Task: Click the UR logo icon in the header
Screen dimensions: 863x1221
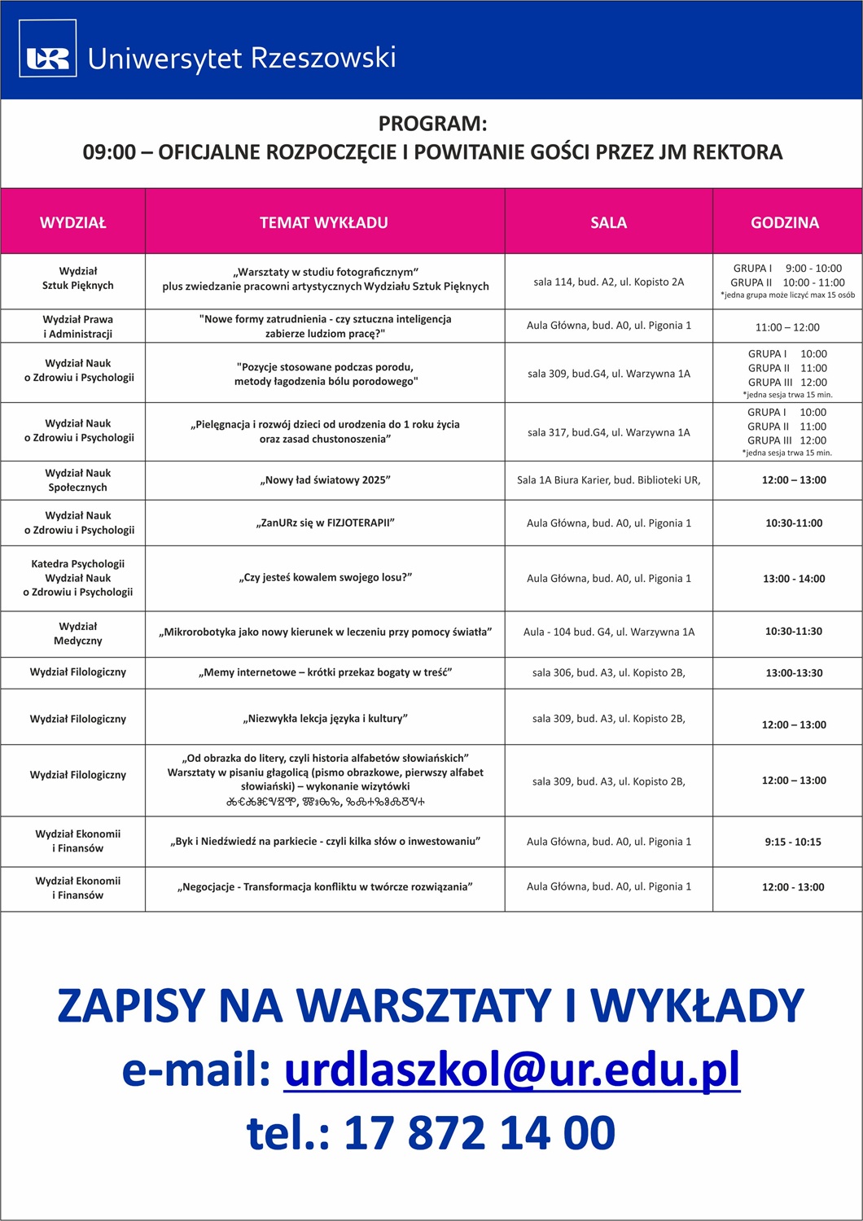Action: click(48, 58)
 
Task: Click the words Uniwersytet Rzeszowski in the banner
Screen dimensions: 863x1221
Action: click(242, 59)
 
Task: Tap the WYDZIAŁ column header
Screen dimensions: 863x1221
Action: click(73, 222)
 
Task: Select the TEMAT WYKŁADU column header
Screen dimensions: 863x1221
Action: click(324, 222)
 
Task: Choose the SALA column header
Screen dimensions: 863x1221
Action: click(608, 222)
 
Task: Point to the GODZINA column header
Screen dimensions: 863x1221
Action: click(785, 222)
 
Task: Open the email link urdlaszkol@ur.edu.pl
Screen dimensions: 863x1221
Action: click(512, 1069)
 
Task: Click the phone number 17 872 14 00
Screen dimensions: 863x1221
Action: click(479, 1132)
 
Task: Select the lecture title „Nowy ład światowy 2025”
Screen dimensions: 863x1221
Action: click(325, 480)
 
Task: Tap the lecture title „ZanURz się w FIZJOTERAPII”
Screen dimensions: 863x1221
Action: click(325, 523)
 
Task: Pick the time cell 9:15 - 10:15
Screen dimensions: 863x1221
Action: click(793, 842)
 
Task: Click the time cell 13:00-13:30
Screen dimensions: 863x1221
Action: click(794, 673)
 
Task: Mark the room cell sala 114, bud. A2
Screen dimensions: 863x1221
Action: click(608, 282)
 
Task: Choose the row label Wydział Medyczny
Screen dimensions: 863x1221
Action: click(78, 633)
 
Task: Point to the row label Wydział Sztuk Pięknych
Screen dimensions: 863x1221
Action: click(78, 278)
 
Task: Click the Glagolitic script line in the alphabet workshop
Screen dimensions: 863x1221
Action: click(325, 802)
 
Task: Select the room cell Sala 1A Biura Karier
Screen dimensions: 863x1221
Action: click(608, 480)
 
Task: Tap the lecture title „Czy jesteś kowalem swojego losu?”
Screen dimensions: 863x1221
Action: click(325, 577)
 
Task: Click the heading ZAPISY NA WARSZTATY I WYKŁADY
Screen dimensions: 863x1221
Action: click(431, 1005)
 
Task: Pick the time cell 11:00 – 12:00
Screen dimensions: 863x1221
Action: click(787, 327)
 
